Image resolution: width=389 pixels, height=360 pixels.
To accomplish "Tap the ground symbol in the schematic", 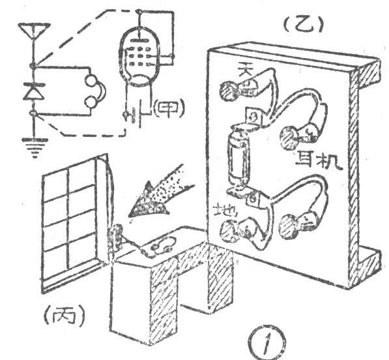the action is pos(35,147).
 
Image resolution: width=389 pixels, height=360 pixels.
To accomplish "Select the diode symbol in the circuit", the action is pos(34,91).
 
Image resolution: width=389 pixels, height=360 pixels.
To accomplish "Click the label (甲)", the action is pos(169,110).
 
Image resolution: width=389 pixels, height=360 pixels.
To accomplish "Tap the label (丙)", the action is pos(65,315).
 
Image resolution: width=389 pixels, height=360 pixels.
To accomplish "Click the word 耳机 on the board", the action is pos(319,161).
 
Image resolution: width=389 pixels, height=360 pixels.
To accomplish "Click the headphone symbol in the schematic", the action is pos(95,91).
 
